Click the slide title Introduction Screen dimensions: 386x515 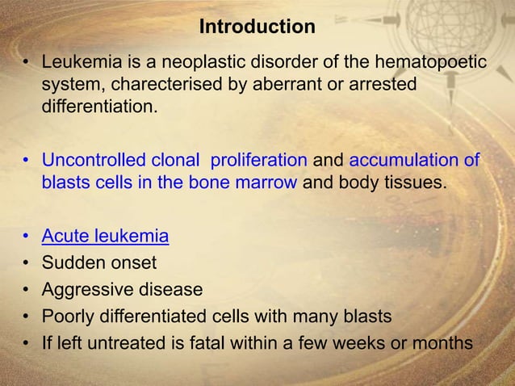(257, 27)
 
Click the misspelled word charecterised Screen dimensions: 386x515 (160, 83)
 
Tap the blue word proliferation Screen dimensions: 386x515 (255, 160)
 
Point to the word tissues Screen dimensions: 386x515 (413, 182)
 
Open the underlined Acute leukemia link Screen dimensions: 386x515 (105, 236)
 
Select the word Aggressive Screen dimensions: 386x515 (85, 289)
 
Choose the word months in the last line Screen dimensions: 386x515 (442, 342)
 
